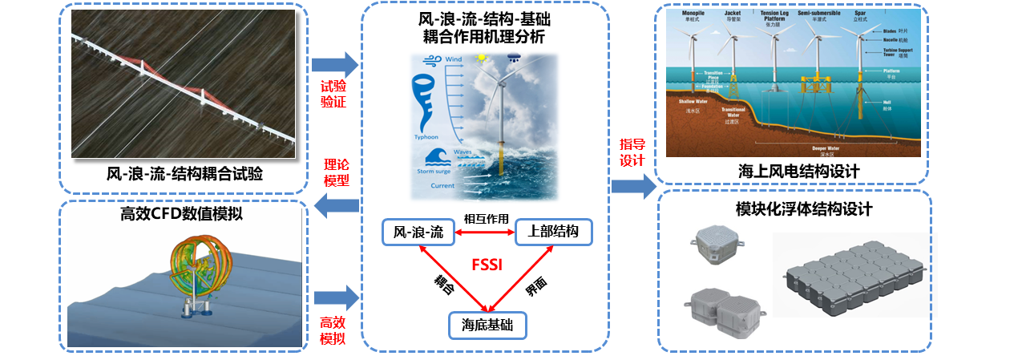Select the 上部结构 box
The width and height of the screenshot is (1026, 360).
pos(553,233)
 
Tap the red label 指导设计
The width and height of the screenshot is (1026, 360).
pos(632,152)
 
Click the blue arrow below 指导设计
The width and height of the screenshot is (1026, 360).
pos(633,187)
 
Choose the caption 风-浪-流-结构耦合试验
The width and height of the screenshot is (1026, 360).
pos(184,173)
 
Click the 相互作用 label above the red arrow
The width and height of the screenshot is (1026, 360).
pos(487,218)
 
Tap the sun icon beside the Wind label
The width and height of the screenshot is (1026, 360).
pos(483,58)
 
